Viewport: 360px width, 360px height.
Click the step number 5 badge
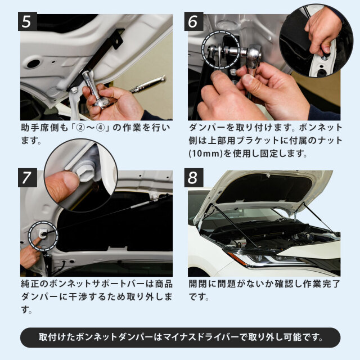(x=28, y=21)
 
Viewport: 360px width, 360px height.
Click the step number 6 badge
(x=193, y=21)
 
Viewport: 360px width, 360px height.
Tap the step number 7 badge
(x=28, y=178)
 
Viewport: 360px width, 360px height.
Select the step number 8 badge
(x=193, y=178)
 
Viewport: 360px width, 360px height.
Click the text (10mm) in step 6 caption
(x=206, y=154)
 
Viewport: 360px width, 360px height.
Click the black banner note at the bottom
(x=180, y=337)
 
